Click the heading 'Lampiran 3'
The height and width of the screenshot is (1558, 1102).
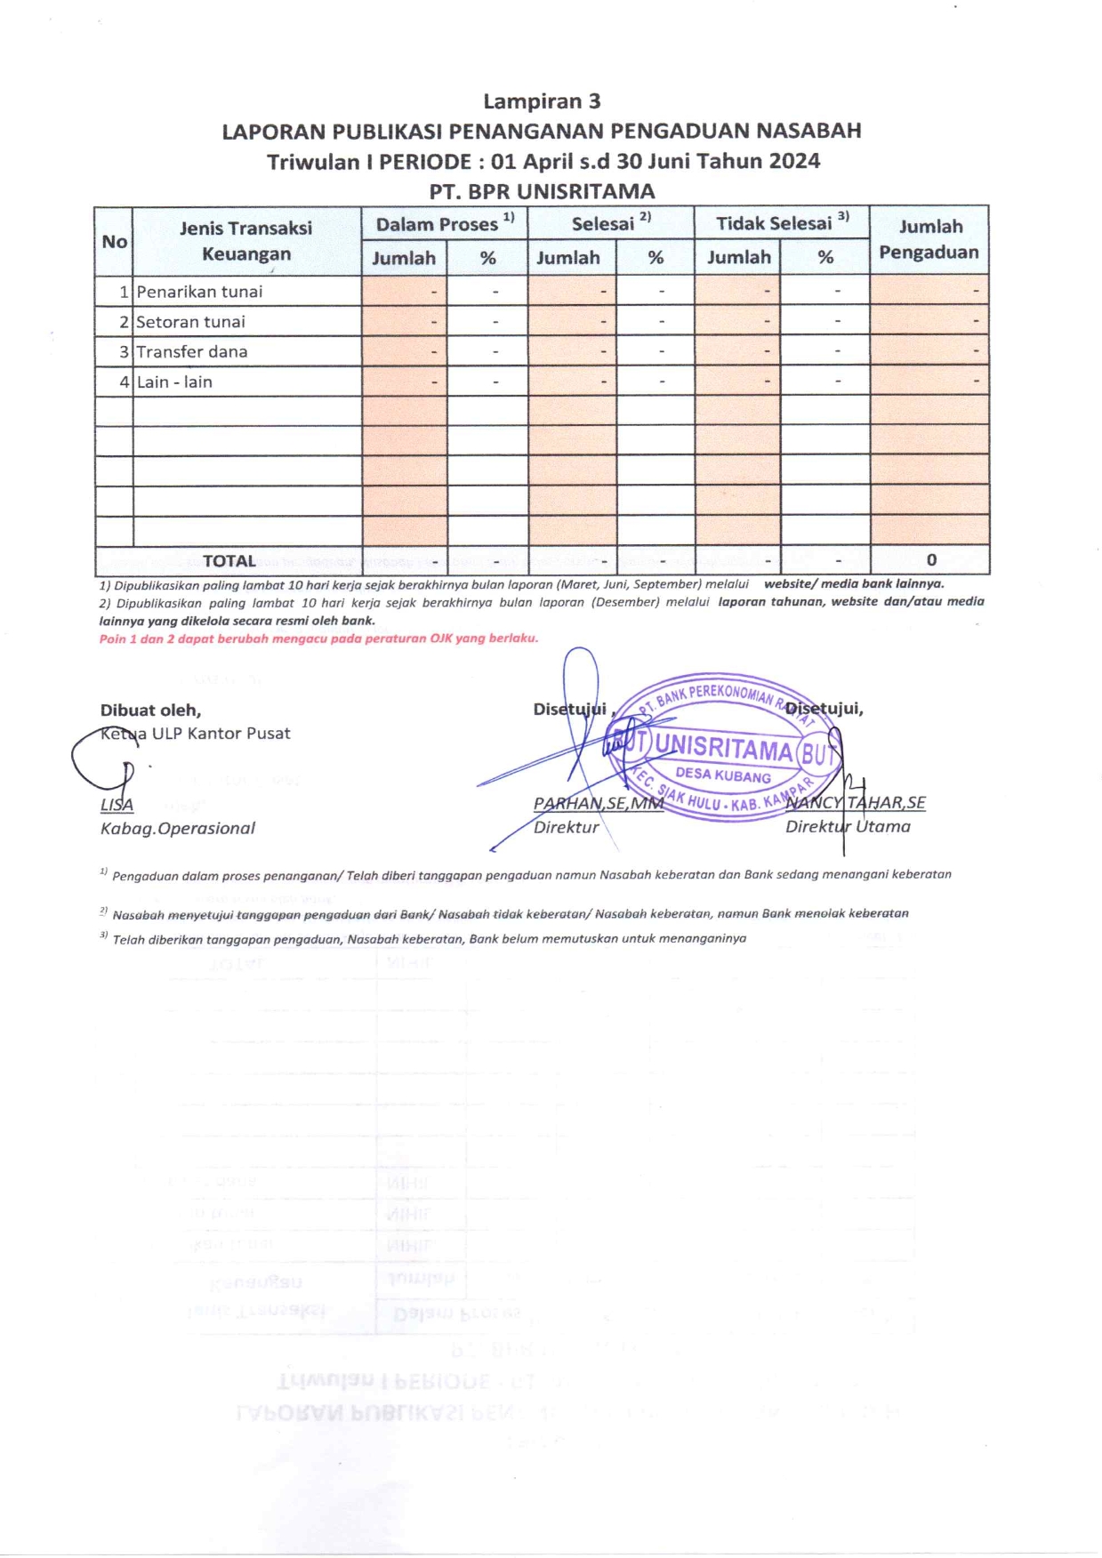click(542, 101)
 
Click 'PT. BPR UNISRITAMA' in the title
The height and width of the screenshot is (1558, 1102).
click(542, 191)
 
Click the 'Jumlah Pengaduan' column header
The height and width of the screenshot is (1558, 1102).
click(929, 239)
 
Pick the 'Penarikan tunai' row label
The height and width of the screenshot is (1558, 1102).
click(199, 292)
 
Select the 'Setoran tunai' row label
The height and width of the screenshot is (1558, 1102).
click(190, 322)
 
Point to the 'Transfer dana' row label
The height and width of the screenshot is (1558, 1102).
click(192, 352)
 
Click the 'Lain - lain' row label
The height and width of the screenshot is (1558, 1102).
click(174, 382)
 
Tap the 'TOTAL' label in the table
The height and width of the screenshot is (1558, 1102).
click(229, 561)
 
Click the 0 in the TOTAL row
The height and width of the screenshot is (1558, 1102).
click(931, 560)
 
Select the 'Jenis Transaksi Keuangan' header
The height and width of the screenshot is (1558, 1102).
click(245, 240)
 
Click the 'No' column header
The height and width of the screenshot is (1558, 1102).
click(114, 242)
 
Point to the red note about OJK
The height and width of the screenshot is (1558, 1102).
click(318, 638)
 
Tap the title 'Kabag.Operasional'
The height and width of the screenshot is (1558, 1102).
click(177, 829)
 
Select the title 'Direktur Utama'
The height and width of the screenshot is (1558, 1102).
click(848, 827)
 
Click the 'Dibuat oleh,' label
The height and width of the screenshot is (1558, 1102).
click(150, 711)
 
